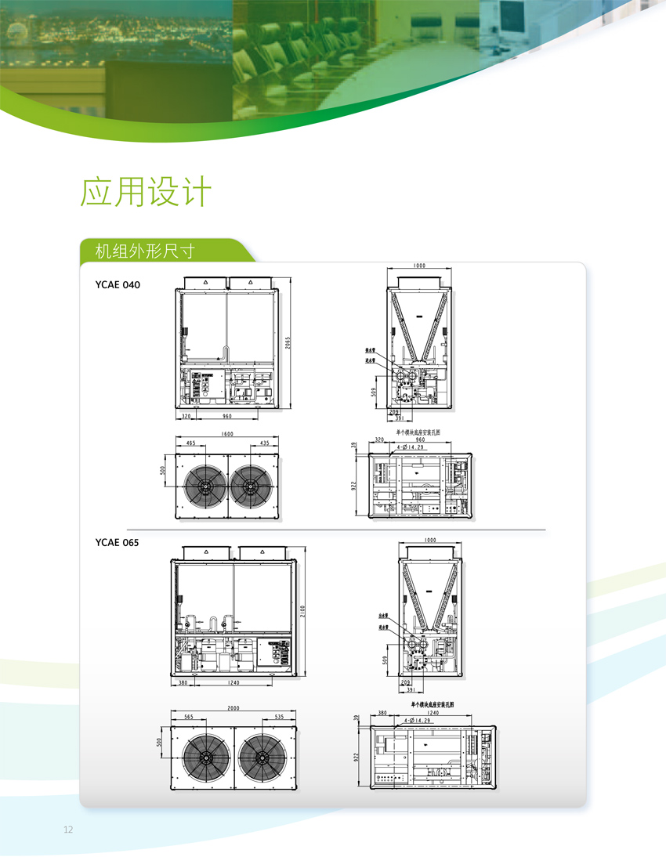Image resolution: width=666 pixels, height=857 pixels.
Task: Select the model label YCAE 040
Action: tap(117, 285)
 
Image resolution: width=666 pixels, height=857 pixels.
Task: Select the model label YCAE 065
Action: tap(117, 542)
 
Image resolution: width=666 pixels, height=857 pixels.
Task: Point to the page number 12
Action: tap(68, 830)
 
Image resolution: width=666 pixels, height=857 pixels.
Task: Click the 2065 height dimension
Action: tap(288, 345)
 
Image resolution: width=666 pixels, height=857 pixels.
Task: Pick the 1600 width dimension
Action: tap(227, 433)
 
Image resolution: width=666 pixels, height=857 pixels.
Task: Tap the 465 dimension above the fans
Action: tap(190, 443)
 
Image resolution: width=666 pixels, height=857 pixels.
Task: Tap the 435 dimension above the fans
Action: tap(265, 443)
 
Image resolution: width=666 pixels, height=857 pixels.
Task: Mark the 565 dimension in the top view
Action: tap(189, 717)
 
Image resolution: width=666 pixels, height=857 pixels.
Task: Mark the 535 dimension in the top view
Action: tap(280, 717)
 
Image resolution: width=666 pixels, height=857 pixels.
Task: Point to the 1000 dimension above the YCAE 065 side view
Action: tap(429, 541)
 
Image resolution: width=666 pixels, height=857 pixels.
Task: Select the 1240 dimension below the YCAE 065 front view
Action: tap(231, 684)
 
